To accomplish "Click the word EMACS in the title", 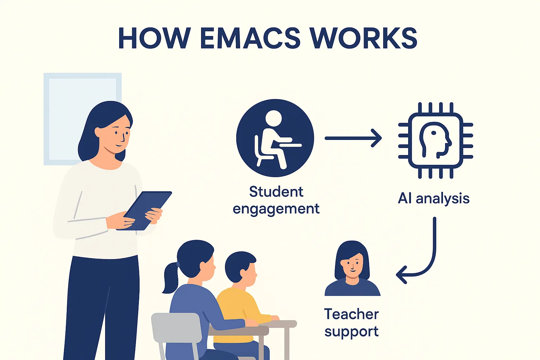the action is [250, 38].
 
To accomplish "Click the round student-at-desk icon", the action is [275, 138].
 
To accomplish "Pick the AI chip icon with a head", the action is [435, 140].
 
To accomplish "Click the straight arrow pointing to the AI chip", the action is [353, 138].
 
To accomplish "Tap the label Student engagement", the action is [276, 200].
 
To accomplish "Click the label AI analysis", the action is [433, 198].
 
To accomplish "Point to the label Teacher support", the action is [352, 322].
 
